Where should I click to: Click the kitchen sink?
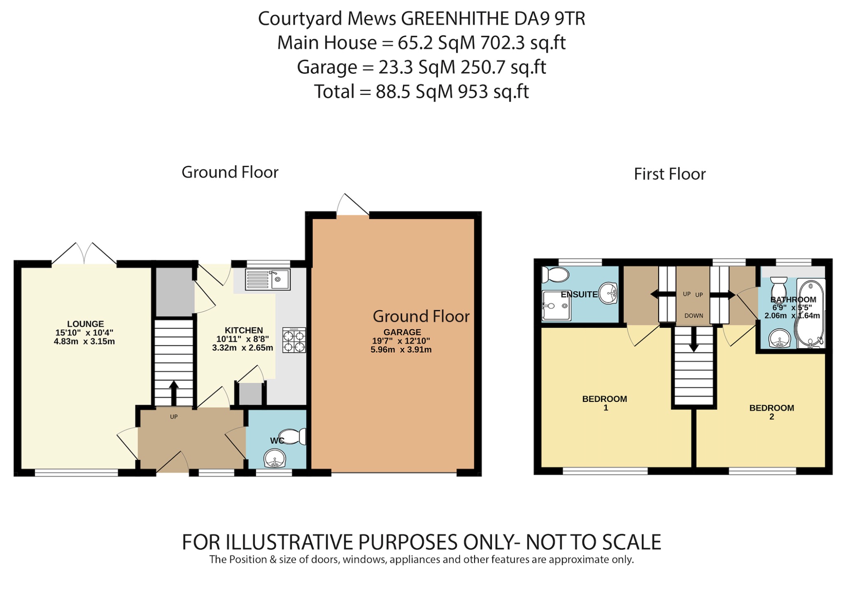click(268, 279)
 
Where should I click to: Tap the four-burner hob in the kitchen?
click(294, 340)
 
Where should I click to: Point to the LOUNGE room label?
click(86, 324)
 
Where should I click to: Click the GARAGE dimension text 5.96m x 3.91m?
click(401, 350)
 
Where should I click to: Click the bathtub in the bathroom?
click(810, 313)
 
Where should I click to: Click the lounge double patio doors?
click(84, 253)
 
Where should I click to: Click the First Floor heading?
click(669, 174)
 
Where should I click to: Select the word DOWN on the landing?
click(694, 316)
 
